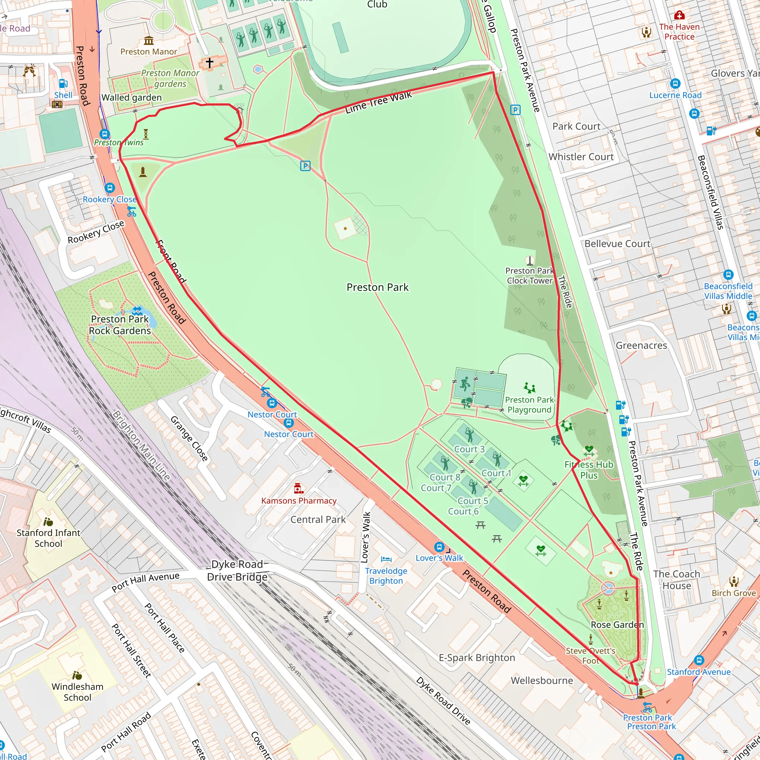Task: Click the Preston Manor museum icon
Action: pyautogui.click(x=149, y=40)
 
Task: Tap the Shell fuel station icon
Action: pyautogui.click(x=63, y=83)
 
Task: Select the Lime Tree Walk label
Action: pyautogui.click(x=378, y=102)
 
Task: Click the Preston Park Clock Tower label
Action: pyautogui.click(x=529, y=275)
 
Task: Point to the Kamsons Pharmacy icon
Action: pyautogui.click(x=299, y=489)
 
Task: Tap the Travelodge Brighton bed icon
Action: pyautogui.click(x=386, y=559)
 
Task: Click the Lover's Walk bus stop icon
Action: pyautogui.click(x=439, y=547)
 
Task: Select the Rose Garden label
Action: pyautogui.click(x=617, y=625)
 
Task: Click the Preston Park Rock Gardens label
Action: pyautogui.click(x=120, y=325)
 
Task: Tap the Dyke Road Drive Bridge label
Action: pyautogui.click(x=237, y=570)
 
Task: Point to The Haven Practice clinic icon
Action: pyautogui.click(x=679, y=15)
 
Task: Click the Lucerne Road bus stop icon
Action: pyautogui.click(x=675, y=83)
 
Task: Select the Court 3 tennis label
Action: pyautogui.click(x=469, y=449)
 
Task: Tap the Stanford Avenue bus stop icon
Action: pyautogui.click(x=699, y=660)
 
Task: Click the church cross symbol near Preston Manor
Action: pyautogui.click(x=210, y=63)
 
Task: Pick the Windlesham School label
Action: pyautogui.click(x=78, y=692)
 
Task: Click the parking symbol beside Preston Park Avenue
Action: pyautogui.click(x=515, y=110)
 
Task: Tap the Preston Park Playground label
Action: pyautogui.click(x=529, y=405)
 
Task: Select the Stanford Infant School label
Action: pyautogui.click(x=48, y=538)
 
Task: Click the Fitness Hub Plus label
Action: pyautogui.click(x=589, y=470)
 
